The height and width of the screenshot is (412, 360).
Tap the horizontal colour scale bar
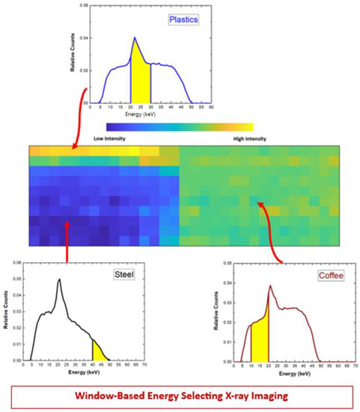pyautogui.click(x=180, y=127)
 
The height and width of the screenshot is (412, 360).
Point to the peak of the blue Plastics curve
pyautogui.click(x=135, y=37)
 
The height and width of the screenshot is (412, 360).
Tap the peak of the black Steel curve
pyautogui.click(x=58, y=280)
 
